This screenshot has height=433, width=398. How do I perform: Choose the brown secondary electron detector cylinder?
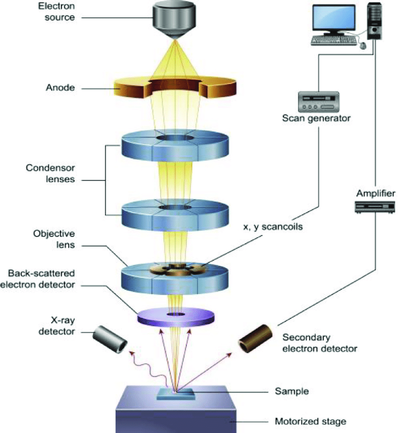[257, 338]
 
